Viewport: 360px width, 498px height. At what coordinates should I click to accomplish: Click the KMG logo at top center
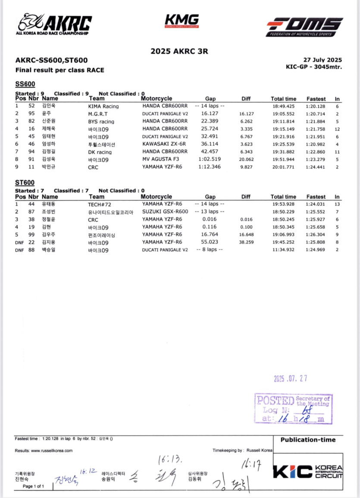tap(182, 20)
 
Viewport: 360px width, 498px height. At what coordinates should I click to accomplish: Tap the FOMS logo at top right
tap(304, 26)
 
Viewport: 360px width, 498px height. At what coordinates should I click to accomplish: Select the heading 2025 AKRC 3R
tap(179, 51)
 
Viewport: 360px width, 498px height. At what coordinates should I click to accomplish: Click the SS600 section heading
tap(25, 84)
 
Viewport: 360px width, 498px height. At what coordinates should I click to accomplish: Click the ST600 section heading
tap(25, 183)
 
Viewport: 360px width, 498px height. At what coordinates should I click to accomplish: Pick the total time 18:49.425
tap(283, 106)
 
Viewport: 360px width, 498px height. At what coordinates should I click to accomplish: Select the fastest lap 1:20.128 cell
tap(316, 106)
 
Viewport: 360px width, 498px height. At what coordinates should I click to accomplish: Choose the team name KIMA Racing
tap(103, 106)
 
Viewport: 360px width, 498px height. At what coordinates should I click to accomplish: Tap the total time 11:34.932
tap(283, 249)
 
